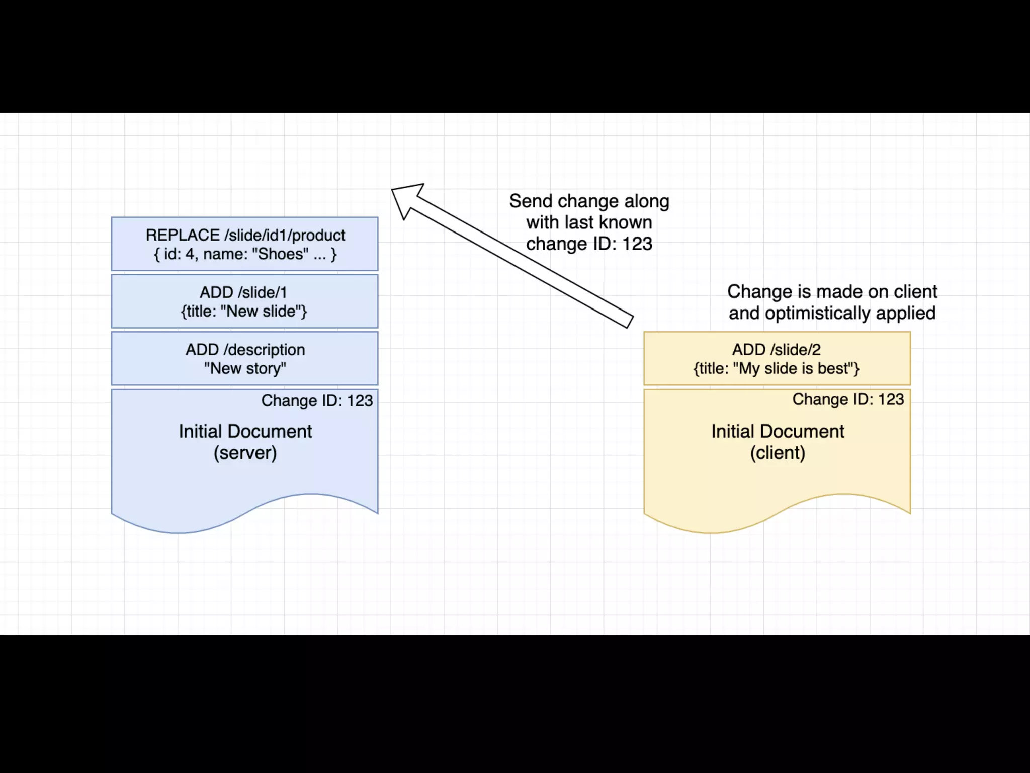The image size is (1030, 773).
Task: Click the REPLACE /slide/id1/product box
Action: [x=244, y=244]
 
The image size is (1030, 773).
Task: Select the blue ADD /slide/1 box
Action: [x=244, y=301]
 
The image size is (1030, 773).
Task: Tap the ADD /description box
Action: [x=244, y=358]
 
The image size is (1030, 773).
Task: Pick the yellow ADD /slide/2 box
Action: [x=777, y=358]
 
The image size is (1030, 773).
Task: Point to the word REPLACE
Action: [x=183, y=235]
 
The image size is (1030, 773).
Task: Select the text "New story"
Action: [x=245, y=368]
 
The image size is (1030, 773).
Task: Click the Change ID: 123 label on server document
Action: [x=317, y=401]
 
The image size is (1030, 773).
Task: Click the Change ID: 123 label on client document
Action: [x=848, y=399]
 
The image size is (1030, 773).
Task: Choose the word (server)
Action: [x=245, y=453]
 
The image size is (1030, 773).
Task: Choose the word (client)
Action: [x=778, y=453]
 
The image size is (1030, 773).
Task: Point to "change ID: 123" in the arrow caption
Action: [x=589, y=244]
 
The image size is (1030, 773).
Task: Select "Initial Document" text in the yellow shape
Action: [x=778, y=432]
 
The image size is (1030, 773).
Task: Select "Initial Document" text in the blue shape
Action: [x=245, y=432]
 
